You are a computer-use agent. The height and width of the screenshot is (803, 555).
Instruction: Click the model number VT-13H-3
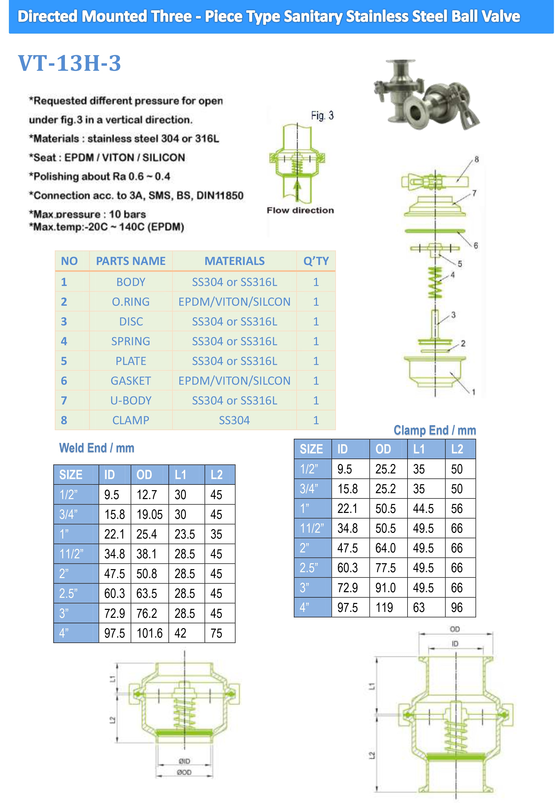pos(69,63)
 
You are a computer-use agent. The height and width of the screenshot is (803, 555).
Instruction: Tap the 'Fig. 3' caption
pos(322,115)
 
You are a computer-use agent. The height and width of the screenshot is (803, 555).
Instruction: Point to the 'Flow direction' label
pos(300,210)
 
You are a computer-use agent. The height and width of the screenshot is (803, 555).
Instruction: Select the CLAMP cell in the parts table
pos(131,420)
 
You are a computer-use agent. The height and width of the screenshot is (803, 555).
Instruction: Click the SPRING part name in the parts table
pos(131,341)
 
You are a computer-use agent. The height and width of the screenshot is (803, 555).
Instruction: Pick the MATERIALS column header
pos(234,261)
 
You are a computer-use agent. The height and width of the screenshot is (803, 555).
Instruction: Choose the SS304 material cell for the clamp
pos(234,420)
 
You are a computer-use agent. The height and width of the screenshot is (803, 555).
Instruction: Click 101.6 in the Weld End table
pos(150,633)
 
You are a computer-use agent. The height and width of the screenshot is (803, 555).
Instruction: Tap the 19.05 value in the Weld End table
pos(150,514)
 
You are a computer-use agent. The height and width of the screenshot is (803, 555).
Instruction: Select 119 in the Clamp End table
pos(384,608)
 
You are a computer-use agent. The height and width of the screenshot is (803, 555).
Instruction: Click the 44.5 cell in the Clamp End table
pos(423,509)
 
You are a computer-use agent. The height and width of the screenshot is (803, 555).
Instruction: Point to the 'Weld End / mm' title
pos(97,448)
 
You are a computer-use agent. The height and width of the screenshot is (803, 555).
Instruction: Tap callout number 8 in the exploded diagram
pos(477,159)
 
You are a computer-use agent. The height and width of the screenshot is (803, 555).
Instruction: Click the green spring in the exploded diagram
pos(435,282)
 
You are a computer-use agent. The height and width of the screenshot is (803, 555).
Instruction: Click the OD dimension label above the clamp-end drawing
pos(455,629)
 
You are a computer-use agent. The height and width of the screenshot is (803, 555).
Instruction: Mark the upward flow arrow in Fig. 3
pos(297,190)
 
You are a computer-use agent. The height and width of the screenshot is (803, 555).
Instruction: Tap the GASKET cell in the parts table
pos(131,381)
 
